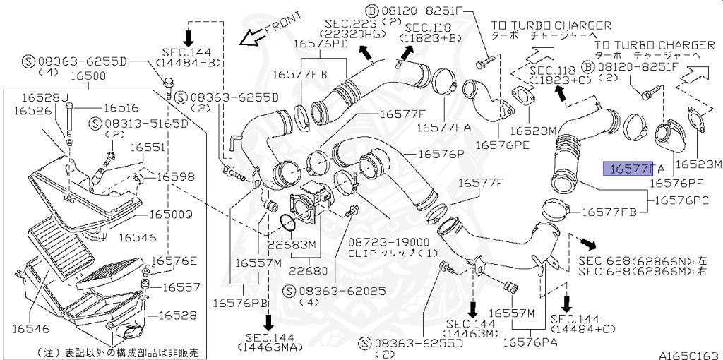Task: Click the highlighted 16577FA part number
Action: pos(633,169)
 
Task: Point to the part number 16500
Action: pos(83,74)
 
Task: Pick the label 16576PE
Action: pos(503,144)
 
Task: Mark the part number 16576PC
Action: pos(681,200)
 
